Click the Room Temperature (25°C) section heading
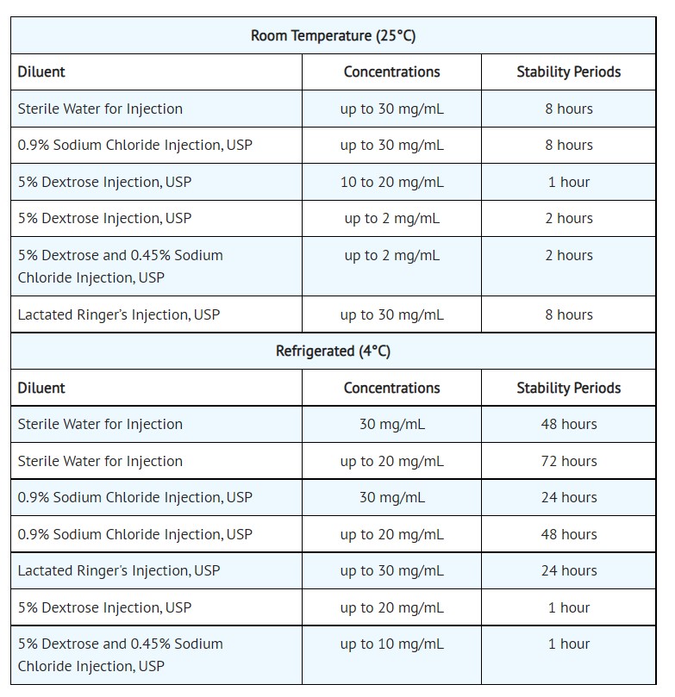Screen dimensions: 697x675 pyautogui.click(x=333, y=35)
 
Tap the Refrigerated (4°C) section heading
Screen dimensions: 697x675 pyautogui.click(x=333, y=351)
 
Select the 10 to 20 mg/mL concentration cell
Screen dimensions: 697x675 pyautogui.click(x=391, y=182)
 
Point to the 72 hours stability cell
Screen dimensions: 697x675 pyautogui.click(x=568, y=461)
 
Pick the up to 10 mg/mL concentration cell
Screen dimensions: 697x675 pyautogui.click(x=391, y=644)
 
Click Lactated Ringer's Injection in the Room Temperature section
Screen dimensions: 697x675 pyautogui.click(x=119, y=314)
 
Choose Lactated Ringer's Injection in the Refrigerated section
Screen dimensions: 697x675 pyautogui.click(x=119, y=570)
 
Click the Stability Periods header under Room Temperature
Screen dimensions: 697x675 pyautogui.click(x=568, y=72)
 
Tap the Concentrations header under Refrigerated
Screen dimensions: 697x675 pyautogui.click(x=391, y=388)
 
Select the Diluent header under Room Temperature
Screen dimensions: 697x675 pyautogui.click(x=41, y=72)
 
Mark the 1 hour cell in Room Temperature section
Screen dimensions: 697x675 pyautogui.click(x=568, y=182)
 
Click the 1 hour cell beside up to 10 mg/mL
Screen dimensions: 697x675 pyautogui.click(x=568, y=644)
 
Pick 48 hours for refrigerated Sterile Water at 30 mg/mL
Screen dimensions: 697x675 pyautogui.click(x=568, y=424)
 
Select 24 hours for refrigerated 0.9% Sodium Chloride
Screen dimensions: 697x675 pyautogui.click(x=568, y=497)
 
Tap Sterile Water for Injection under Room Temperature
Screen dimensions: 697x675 pyautogui.click(x=100, y=109)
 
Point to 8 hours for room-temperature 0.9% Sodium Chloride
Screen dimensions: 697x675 pyautogui.click(x=568, y=145)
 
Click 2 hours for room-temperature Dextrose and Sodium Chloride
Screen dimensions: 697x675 pyautogui.click(x=568, y=255)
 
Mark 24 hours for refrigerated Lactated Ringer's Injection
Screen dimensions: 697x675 pyautogui.click(x=568, y=570)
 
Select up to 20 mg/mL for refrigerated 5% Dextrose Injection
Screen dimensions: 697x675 pyautogui.click(x=391, y=607)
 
